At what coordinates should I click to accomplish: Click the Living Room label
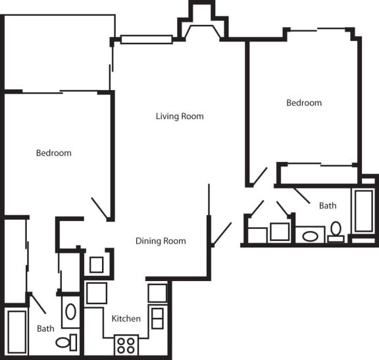point(180,116)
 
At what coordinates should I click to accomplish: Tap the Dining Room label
point(161,241)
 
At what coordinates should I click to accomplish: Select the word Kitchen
point(126,319)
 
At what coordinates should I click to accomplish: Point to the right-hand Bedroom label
point(304,103)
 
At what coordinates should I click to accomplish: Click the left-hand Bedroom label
point(53,153)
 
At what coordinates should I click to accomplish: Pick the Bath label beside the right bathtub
point(328,205)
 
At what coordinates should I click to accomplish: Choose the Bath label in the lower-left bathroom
point(45,328)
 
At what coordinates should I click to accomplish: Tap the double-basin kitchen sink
point(157,318)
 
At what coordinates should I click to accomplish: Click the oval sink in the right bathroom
point(309,235)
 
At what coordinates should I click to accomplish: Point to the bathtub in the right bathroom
point(363,211)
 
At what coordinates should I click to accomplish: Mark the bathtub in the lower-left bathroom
point(16,332)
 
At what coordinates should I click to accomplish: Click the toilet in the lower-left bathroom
point(66,342)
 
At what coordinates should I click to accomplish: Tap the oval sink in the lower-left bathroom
point(70,311)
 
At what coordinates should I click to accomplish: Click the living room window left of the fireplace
point(146,39)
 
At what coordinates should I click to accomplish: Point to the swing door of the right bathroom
point(302,195)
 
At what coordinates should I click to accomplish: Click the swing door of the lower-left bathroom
point(38,303)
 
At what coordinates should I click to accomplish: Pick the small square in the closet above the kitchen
point(97,265)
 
